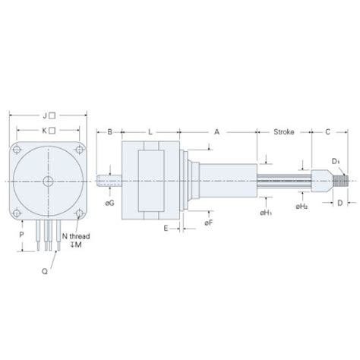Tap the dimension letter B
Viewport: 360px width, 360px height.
(109, 131)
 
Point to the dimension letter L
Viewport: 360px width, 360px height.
(150, 131)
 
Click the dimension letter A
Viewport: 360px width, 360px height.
(216, 131)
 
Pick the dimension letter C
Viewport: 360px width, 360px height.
(327, 131)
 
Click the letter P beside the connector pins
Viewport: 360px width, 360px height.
(21, 235)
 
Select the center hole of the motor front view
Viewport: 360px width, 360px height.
(48, 181)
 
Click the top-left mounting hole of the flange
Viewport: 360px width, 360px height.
(17, 150)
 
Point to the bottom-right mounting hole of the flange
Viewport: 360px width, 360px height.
(79, 212)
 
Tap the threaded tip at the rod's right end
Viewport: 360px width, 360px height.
(344, 181)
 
